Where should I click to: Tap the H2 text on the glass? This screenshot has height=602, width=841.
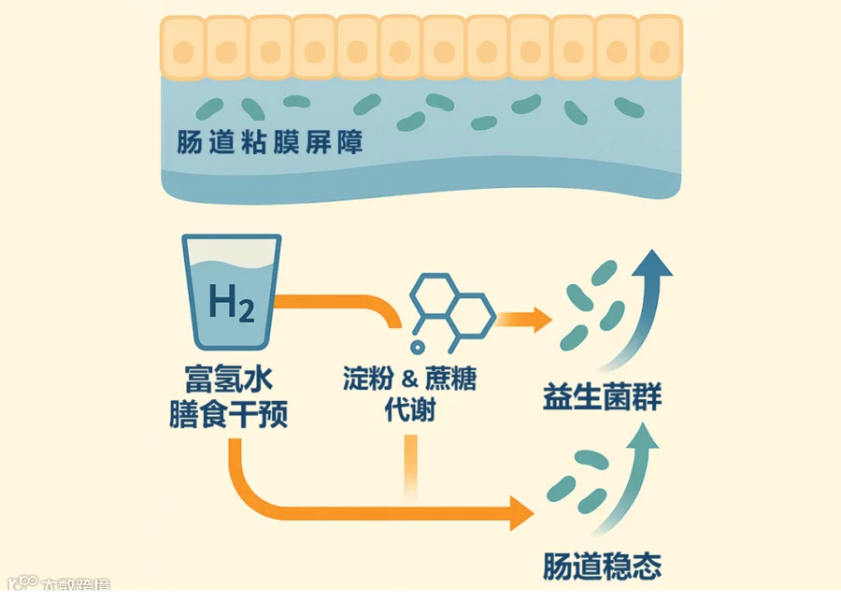[x=231, y=302]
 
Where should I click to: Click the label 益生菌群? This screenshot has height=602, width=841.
[x=603, y=397]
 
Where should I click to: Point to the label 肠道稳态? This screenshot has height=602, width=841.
[x=603, y=566]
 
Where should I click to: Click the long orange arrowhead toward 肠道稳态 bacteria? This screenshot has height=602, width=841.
[x=520, y=510]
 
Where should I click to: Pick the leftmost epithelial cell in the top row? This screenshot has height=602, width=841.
[x=182, y=48]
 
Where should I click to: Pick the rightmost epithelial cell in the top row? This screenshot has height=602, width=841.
[x=661, y=48]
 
